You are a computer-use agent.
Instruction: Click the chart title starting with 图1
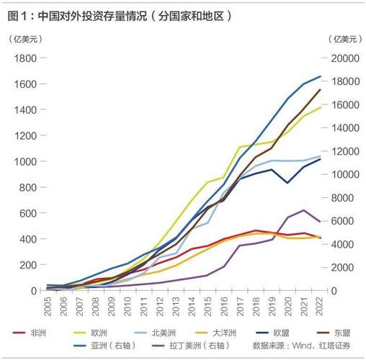click(x=120, y=14)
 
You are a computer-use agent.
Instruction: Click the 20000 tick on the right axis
click(x=344, y=58)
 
